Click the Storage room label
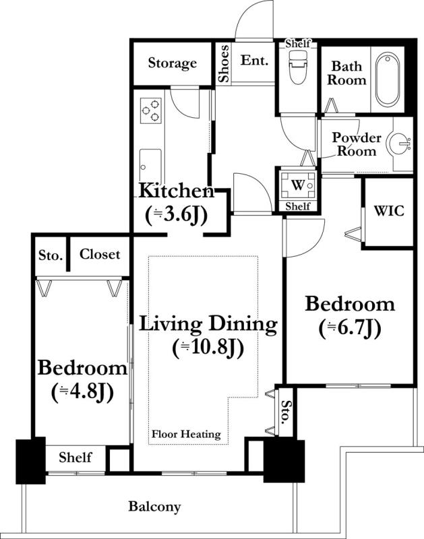pyautogui.click(x=173, y=63)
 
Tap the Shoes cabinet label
pyautogui.click(x=224, y=63)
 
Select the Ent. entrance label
pyautogui.click(x=254, y=60)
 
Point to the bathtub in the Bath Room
pyautogui.click(x=387, y=80)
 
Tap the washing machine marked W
pyautogui.click(x=298, y=186)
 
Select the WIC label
pyautogui.click(x=389, y=211)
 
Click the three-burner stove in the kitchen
pyautogui.click(x=150, y=110)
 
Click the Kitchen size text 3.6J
pyautogui.click(x=177, y=216)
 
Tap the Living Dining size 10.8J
pyautogui.click(x=208, y=348)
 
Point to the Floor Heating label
pyautogui.click(x=186, y=434)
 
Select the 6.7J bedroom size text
pyautogui.click(x=350, y=328)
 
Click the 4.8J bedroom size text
pyautogui.click(x=82, y=393)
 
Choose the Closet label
pyautogui.click(x=100, y=254)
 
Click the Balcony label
pyautogui.click(x=154, y=507)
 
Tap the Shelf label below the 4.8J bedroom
pyautogui.click(x=75, y=457)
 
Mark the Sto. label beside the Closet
pyautogui.click(x=51, y=255)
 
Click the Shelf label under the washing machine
pyautogui.click(x=298, y=206)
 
